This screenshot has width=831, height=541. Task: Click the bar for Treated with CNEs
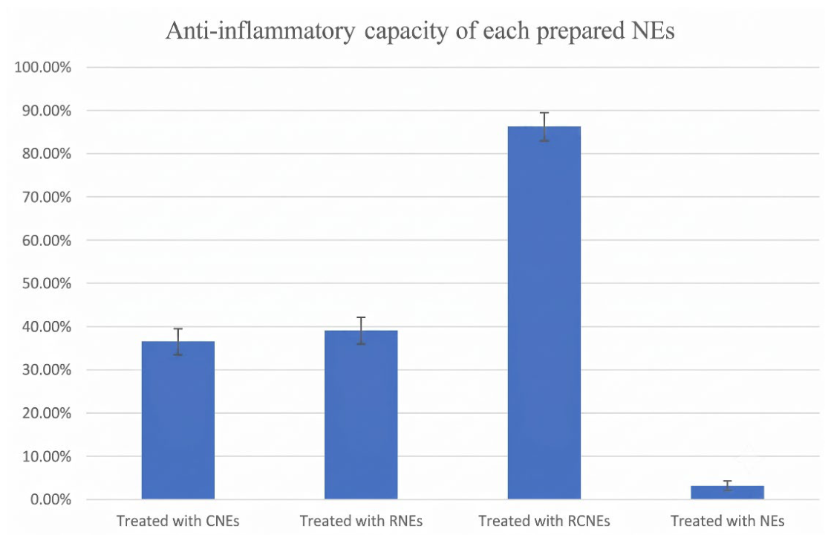(178, 420)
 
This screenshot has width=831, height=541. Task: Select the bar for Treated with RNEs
(361, 415)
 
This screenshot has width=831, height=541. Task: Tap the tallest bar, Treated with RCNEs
(544, 312)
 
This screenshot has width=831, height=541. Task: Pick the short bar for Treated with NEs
(727, 492)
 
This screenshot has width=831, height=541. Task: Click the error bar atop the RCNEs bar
(544, 127)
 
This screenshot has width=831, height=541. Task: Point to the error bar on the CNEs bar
(178, 342)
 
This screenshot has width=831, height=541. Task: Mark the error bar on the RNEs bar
(361, 331)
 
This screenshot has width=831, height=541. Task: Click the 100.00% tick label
(43, 68)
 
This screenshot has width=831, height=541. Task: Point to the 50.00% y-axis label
(47, 283)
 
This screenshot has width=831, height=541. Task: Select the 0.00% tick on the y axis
(50, 499)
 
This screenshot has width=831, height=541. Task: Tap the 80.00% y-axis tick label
(47, 154)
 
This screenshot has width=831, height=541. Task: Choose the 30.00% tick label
(47, 369)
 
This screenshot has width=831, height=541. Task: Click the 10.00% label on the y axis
(47, 456)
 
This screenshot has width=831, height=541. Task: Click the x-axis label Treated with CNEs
(178, 522)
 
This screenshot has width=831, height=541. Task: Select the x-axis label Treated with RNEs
(361, 522)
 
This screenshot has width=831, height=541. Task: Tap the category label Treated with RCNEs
(544, 522)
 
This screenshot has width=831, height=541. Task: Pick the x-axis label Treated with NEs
(727, 522)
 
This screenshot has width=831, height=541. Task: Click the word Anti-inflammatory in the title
(260, 31)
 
